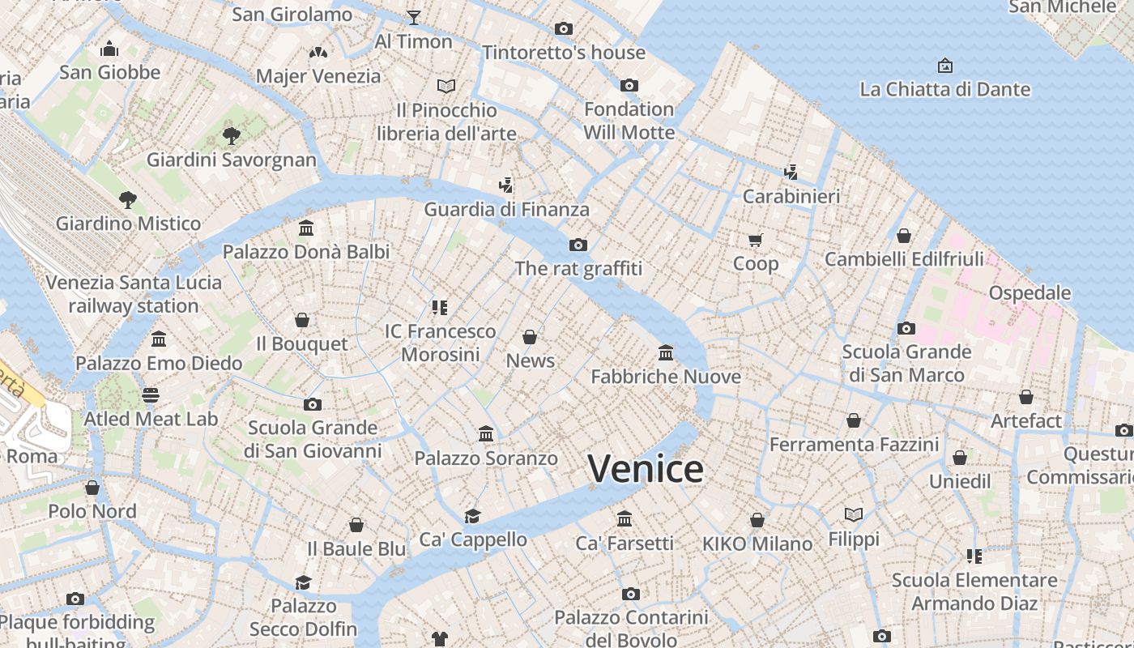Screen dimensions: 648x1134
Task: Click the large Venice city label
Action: pos(646,469)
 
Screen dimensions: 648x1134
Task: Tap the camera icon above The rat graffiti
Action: pos(578,245)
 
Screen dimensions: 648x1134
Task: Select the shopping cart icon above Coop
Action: pos(755,240)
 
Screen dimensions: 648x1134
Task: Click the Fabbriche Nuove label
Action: pos(666,377)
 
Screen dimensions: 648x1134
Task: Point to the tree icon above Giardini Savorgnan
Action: pos(231,135)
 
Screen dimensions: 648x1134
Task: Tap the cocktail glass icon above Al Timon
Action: pos(414,17)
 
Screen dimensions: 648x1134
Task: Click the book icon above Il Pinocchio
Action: pos(446,86)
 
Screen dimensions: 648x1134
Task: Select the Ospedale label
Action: pos(1030,293)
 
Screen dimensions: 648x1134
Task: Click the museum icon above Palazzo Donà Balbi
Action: pos(306,228)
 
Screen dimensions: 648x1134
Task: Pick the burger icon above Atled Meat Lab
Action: pos(151,395)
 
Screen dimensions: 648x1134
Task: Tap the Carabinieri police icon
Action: pos(791,172)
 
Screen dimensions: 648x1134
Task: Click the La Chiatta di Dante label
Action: pos(944,89)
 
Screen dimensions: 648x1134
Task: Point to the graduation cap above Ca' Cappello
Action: pos(472,516)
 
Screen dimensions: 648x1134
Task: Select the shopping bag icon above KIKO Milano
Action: pos(757,520)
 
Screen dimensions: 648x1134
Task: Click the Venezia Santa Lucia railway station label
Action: pos(134,294)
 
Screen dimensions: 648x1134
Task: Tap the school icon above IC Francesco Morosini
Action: pos(440,307)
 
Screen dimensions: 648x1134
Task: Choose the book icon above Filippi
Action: pos(854,514)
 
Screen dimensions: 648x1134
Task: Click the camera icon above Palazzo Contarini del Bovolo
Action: pos(631,594)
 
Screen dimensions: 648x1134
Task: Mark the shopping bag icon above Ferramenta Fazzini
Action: pos(854,420)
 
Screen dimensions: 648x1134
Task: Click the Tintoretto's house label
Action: pos(564,53)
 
